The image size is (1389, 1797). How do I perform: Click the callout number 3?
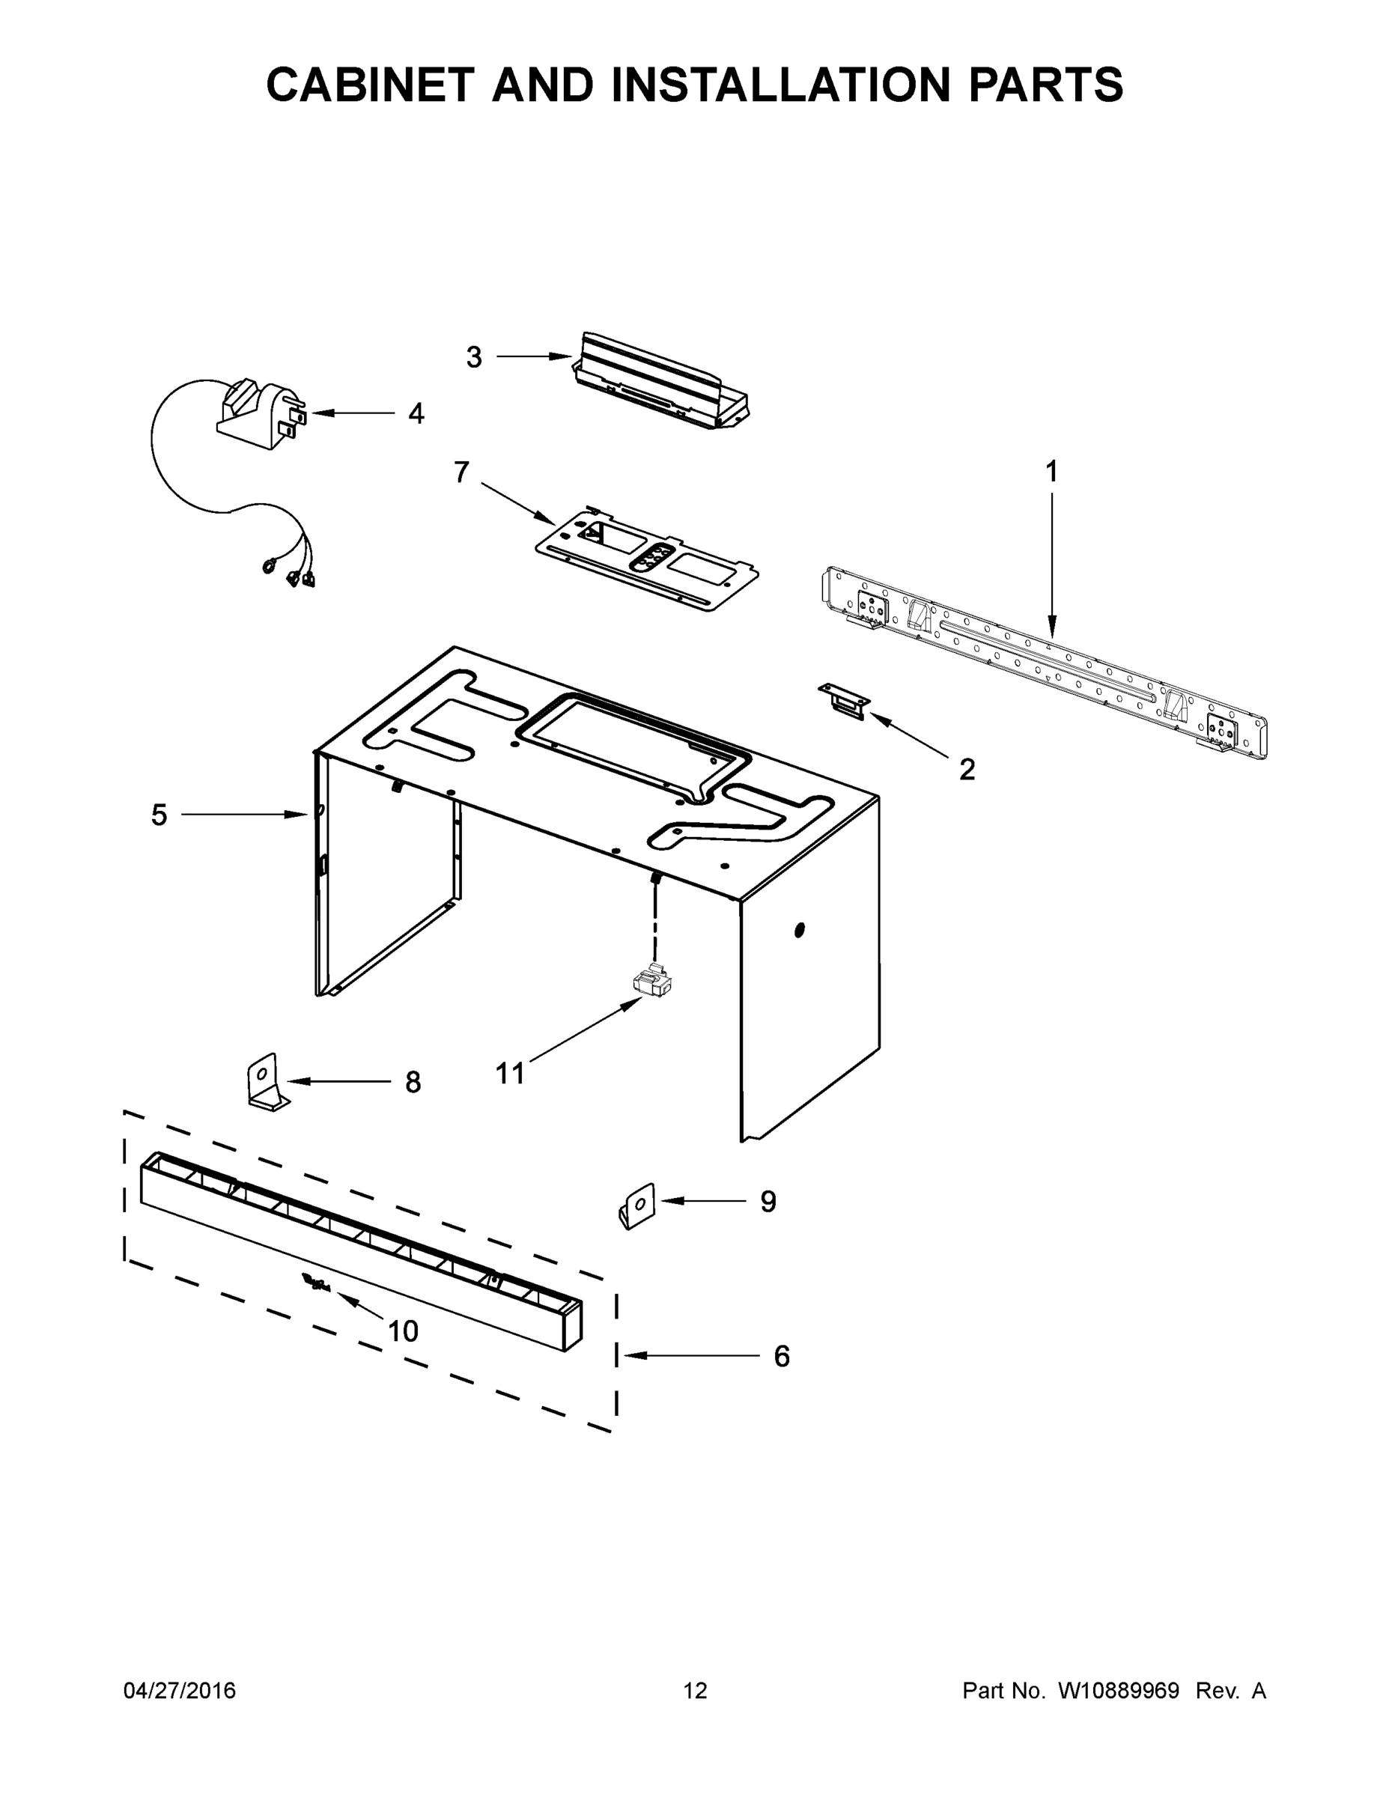pyautogui.click(x=474, y=357)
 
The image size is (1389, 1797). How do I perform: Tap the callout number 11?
pyautogui.click(x=509, y=1073)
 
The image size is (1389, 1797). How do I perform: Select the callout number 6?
pyautogui.click(x=781, y=1356)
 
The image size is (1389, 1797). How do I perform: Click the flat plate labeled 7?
pyautogui.click(x=646, y=557)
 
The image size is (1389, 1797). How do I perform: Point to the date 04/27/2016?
pyautogui.click(x=180, y=1690)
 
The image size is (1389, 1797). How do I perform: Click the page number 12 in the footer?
pyautogui.click(x=696, y=1690)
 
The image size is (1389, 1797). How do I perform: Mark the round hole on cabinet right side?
pyautogui.click(x=799, y=931)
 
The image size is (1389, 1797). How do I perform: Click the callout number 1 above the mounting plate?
pyautogui.click(x=1051, y=472)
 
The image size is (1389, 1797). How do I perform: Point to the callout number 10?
pyautogui.click(x=403, y=1331)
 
